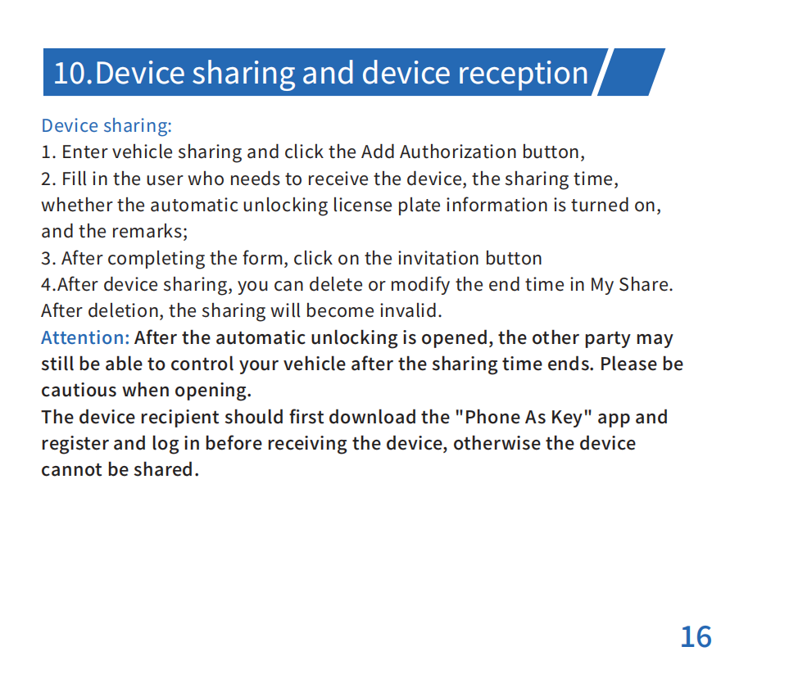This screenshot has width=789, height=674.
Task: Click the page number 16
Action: (696, 637)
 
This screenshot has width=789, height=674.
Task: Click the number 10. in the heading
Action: (73, 73)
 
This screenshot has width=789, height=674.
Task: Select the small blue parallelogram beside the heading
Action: (631, 72)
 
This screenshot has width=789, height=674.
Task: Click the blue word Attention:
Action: (85, 337)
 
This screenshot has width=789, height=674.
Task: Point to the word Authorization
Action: (458, 152)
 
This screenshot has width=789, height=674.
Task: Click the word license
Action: (363, 206)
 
